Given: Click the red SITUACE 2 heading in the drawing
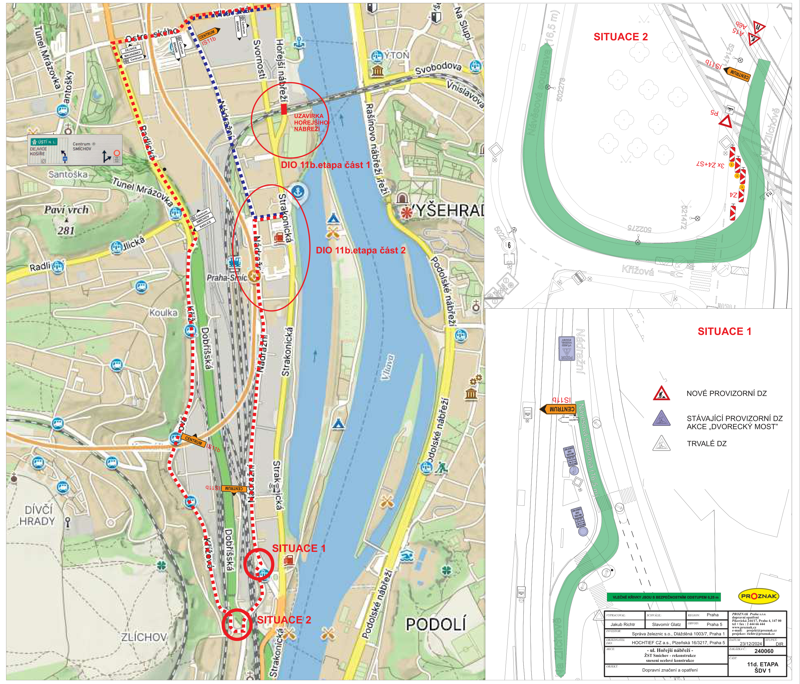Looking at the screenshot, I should (x=621, y=37).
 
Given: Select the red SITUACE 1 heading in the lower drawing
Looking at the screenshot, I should (x=724, y=331).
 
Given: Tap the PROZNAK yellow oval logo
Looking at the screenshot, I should (x=758, y=596).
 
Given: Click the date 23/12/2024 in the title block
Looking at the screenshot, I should (x=751, y=643).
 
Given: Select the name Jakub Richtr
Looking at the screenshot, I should (x=623, y=624).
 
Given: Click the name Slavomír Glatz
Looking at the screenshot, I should (x=666, y=624).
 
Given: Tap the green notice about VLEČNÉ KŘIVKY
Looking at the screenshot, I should (x=663, y=597).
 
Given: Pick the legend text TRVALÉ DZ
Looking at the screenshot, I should (x=706, y=444).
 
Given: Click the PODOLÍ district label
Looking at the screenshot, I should (x=435, y=624).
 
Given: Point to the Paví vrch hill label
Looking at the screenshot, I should (x=66, y=209).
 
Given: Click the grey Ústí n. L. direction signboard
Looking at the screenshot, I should (x=75, y=150).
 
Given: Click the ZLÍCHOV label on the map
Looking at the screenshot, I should (x=144, y=637).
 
